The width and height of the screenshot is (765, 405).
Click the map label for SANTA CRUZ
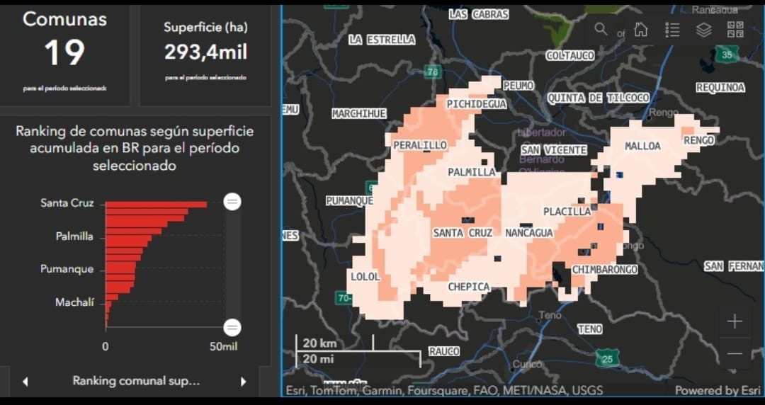click(463, 232)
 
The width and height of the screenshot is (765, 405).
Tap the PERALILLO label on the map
click(420, 145)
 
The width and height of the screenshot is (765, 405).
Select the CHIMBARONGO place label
click(605, 270)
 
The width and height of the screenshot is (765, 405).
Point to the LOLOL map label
click(365, 276)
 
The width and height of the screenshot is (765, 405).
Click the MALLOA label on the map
click(642, 146)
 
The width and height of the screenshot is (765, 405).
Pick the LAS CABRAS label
click(478, 14)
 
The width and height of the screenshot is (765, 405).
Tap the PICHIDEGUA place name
click(477, 104)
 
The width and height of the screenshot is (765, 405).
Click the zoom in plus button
click(735, 321)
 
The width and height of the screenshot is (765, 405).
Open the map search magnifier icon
click(601, 29)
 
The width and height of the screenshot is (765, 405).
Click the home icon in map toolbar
click(640, 29)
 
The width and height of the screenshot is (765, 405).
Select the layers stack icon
click(703, 30)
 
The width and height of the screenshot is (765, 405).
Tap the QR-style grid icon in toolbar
click(735, 30)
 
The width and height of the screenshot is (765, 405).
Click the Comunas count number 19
click(64, 52)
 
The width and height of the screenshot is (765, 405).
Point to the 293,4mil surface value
click(205, 52)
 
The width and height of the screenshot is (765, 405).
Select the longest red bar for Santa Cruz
click(156, 204)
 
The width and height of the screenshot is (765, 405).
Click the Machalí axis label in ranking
click(74, 302)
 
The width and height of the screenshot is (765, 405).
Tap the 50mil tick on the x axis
click(224, 347)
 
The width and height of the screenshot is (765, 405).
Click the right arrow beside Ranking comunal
click(243, 382)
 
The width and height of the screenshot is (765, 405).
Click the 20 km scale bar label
click(319, 343)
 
